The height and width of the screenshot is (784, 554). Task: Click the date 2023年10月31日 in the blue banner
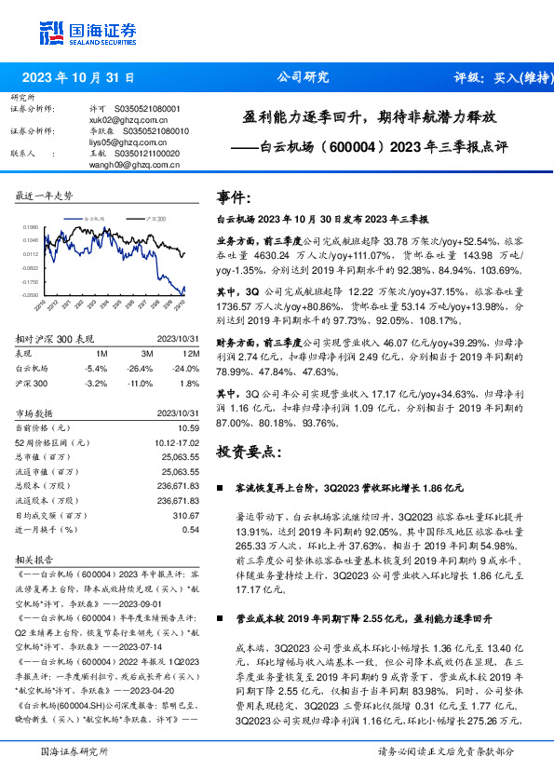click(x=79, y=78)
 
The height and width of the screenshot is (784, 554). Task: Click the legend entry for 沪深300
click(x=155, y=216)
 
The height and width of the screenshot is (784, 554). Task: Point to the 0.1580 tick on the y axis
click(x=32, y=226)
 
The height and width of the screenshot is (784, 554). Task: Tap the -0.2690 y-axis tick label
click(x=31, y=295)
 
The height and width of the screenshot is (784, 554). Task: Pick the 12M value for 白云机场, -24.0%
click(x=186, y=368)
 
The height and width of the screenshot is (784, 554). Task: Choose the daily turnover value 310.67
click(x=187, y=515)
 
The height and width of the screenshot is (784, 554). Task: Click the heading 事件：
click(x=233, y=197)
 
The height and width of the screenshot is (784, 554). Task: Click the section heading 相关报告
click(x=35, y=560)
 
